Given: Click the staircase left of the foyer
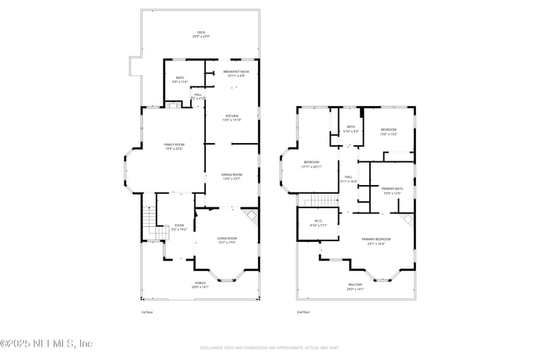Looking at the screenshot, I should [x=151, y=223].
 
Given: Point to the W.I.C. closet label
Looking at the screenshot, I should [x=317, y=223].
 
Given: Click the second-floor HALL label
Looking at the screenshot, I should [x=348, y=179].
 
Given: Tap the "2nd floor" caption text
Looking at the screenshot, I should [x=304, y=312].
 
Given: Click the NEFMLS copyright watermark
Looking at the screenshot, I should [x=46, y=343].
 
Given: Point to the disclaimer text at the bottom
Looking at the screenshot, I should [x=269, y=348].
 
